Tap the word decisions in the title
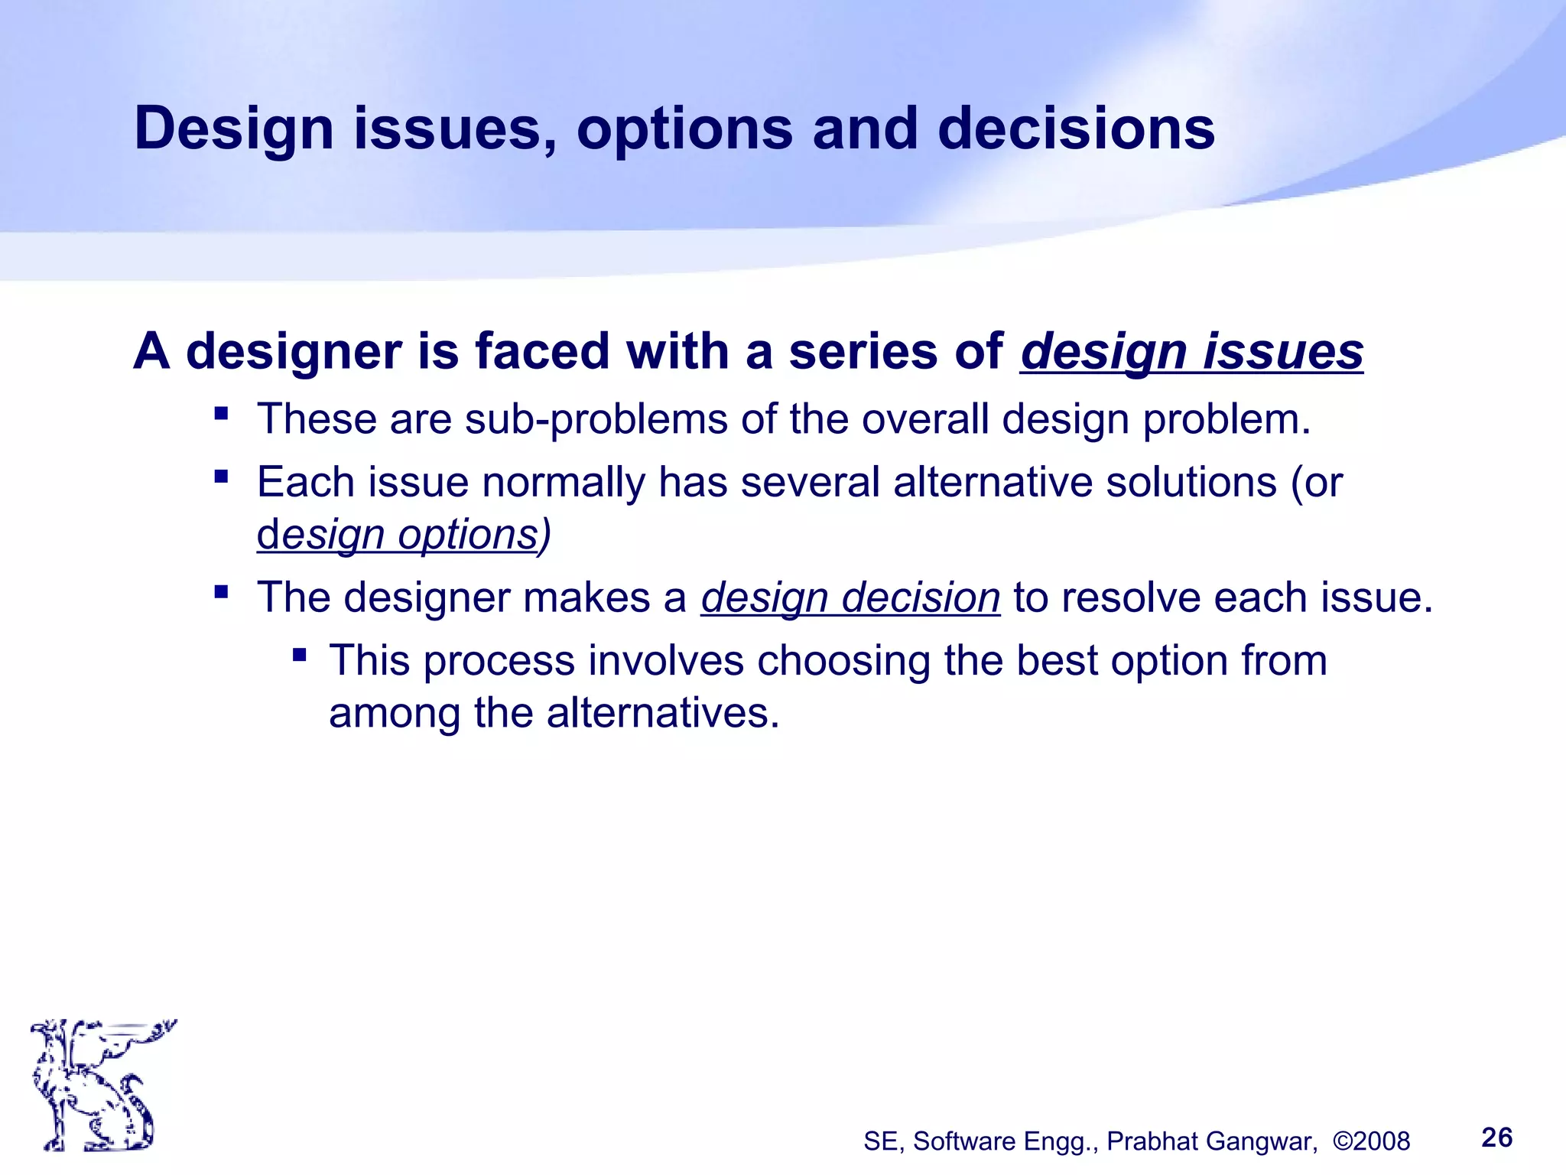tap(1076, 129)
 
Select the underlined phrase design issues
tap(1191, 352)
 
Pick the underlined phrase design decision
tap(850, 597)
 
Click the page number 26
tap(1496, 1138)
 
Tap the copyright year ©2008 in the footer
tap(1371, 1141)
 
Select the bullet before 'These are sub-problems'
tap(222, 415)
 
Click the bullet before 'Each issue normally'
tap(222, 477)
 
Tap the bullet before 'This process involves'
tap(299, 655)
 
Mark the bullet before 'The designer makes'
tap(222, 591)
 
